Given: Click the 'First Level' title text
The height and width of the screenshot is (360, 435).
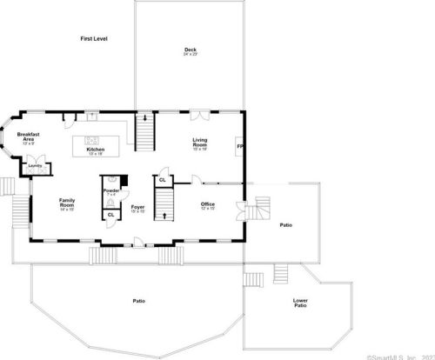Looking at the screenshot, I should click(x=93, y=39).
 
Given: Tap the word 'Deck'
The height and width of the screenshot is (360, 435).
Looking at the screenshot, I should click(x=190, y=50).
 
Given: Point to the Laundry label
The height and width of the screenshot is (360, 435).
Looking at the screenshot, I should click(x=35, y=165).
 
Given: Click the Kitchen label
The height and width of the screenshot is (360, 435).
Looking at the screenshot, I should click(x=95, y=150).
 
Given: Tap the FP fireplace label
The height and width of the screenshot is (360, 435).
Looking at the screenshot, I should click(x=240, y=146).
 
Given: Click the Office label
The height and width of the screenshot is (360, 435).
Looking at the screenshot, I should click(x=207, y=205).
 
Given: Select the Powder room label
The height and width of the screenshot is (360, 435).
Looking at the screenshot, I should click(x=111, y=191).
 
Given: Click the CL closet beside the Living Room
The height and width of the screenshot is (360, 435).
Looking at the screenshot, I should click(x=163, y=181).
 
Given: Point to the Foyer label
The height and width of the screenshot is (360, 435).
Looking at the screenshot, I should click(x=137, y=208).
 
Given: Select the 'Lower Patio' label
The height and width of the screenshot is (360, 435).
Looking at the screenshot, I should click(x=299, y=303).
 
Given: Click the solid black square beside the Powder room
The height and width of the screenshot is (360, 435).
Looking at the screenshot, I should click(x=124, y=179).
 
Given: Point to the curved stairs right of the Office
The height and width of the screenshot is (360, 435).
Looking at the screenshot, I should click(x=260, y=210).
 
